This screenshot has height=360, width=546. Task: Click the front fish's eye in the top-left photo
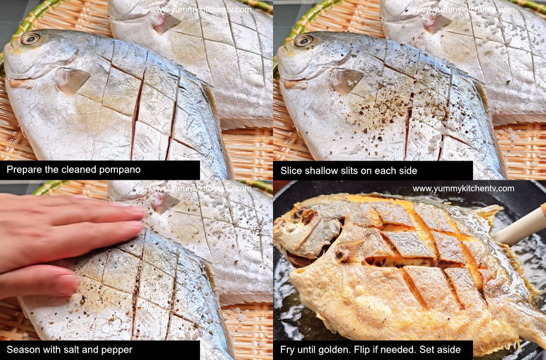coord(29,38)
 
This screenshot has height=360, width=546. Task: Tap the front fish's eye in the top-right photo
coord(304,41)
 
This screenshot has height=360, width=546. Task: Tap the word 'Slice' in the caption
coord(291,170)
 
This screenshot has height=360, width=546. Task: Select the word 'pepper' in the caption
coord(115,350)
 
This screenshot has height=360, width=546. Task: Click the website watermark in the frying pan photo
coord(463,189)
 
